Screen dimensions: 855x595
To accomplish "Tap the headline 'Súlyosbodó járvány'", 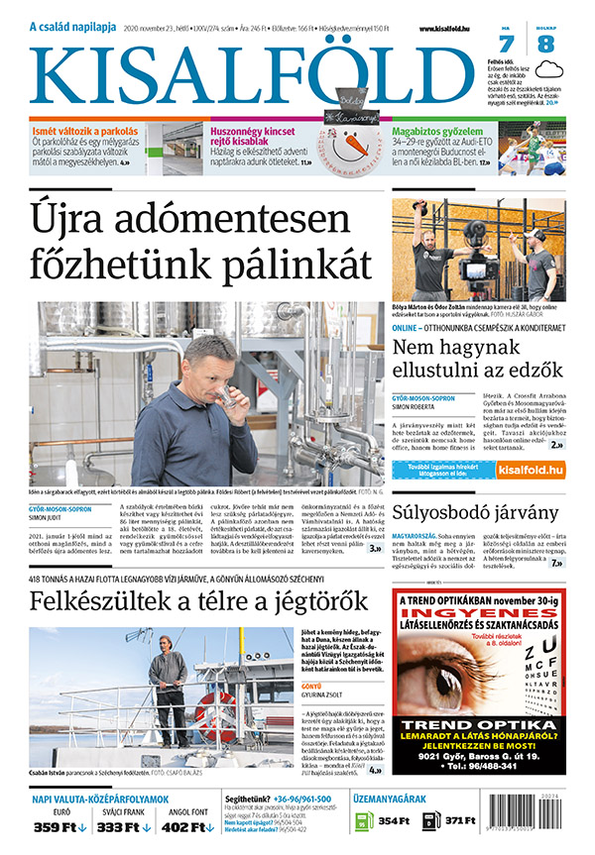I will [x=475, y=512].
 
